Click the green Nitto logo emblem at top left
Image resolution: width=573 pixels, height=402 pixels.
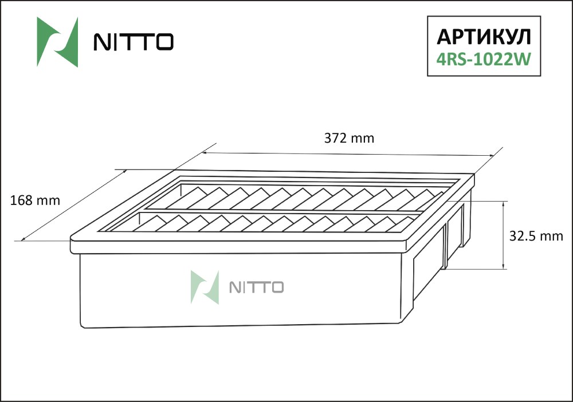(x=57, y=42)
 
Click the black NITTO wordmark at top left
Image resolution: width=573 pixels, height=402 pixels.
(x=134, y=42)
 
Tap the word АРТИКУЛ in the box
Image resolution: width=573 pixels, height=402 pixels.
(x=484, y=37)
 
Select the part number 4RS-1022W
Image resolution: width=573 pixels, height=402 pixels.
(x=484, y=59)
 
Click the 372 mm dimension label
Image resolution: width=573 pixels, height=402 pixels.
(x=349, y=139)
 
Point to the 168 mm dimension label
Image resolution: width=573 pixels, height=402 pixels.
(x=35, y=200)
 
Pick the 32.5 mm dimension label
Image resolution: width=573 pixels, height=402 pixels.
(x=536, y=237)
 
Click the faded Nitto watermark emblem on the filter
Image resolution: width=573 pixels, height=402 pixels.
(x=205, y=287)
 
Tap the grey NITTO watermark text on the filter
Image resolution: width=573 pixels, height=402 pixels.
(x=257, y=287)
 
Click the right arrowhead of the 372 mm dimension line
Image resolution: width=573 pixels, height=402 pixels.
(x=492, y=156)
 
